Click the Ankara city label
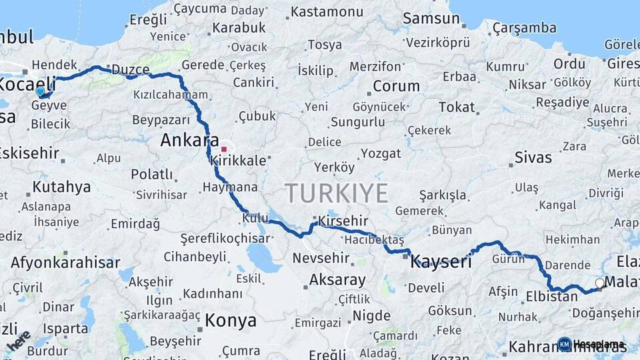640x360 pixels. click(189, 141)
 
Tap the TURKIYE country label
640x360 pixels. click(337, 193)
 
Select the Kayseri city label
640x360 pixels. click(441, 261)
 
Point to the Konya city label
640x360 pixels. click(230, 321)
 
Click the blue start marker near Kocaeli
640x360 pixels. click(41, 91)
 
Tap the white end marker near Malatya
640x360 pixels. click(599, 283)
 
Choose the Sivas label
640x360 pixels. click(533, 158)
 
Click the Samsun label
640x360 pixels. click(431, 19)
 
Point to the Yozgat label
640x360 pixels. click(381, 154)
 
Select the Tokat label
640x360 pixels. click(457, 107)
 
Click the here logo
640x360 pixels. click(19, 341)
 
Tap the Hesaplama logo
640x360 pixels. click(592, 344)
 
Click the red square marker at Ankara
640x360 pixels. click(225, 149)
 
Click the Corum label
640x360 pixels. click(396, 86)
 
